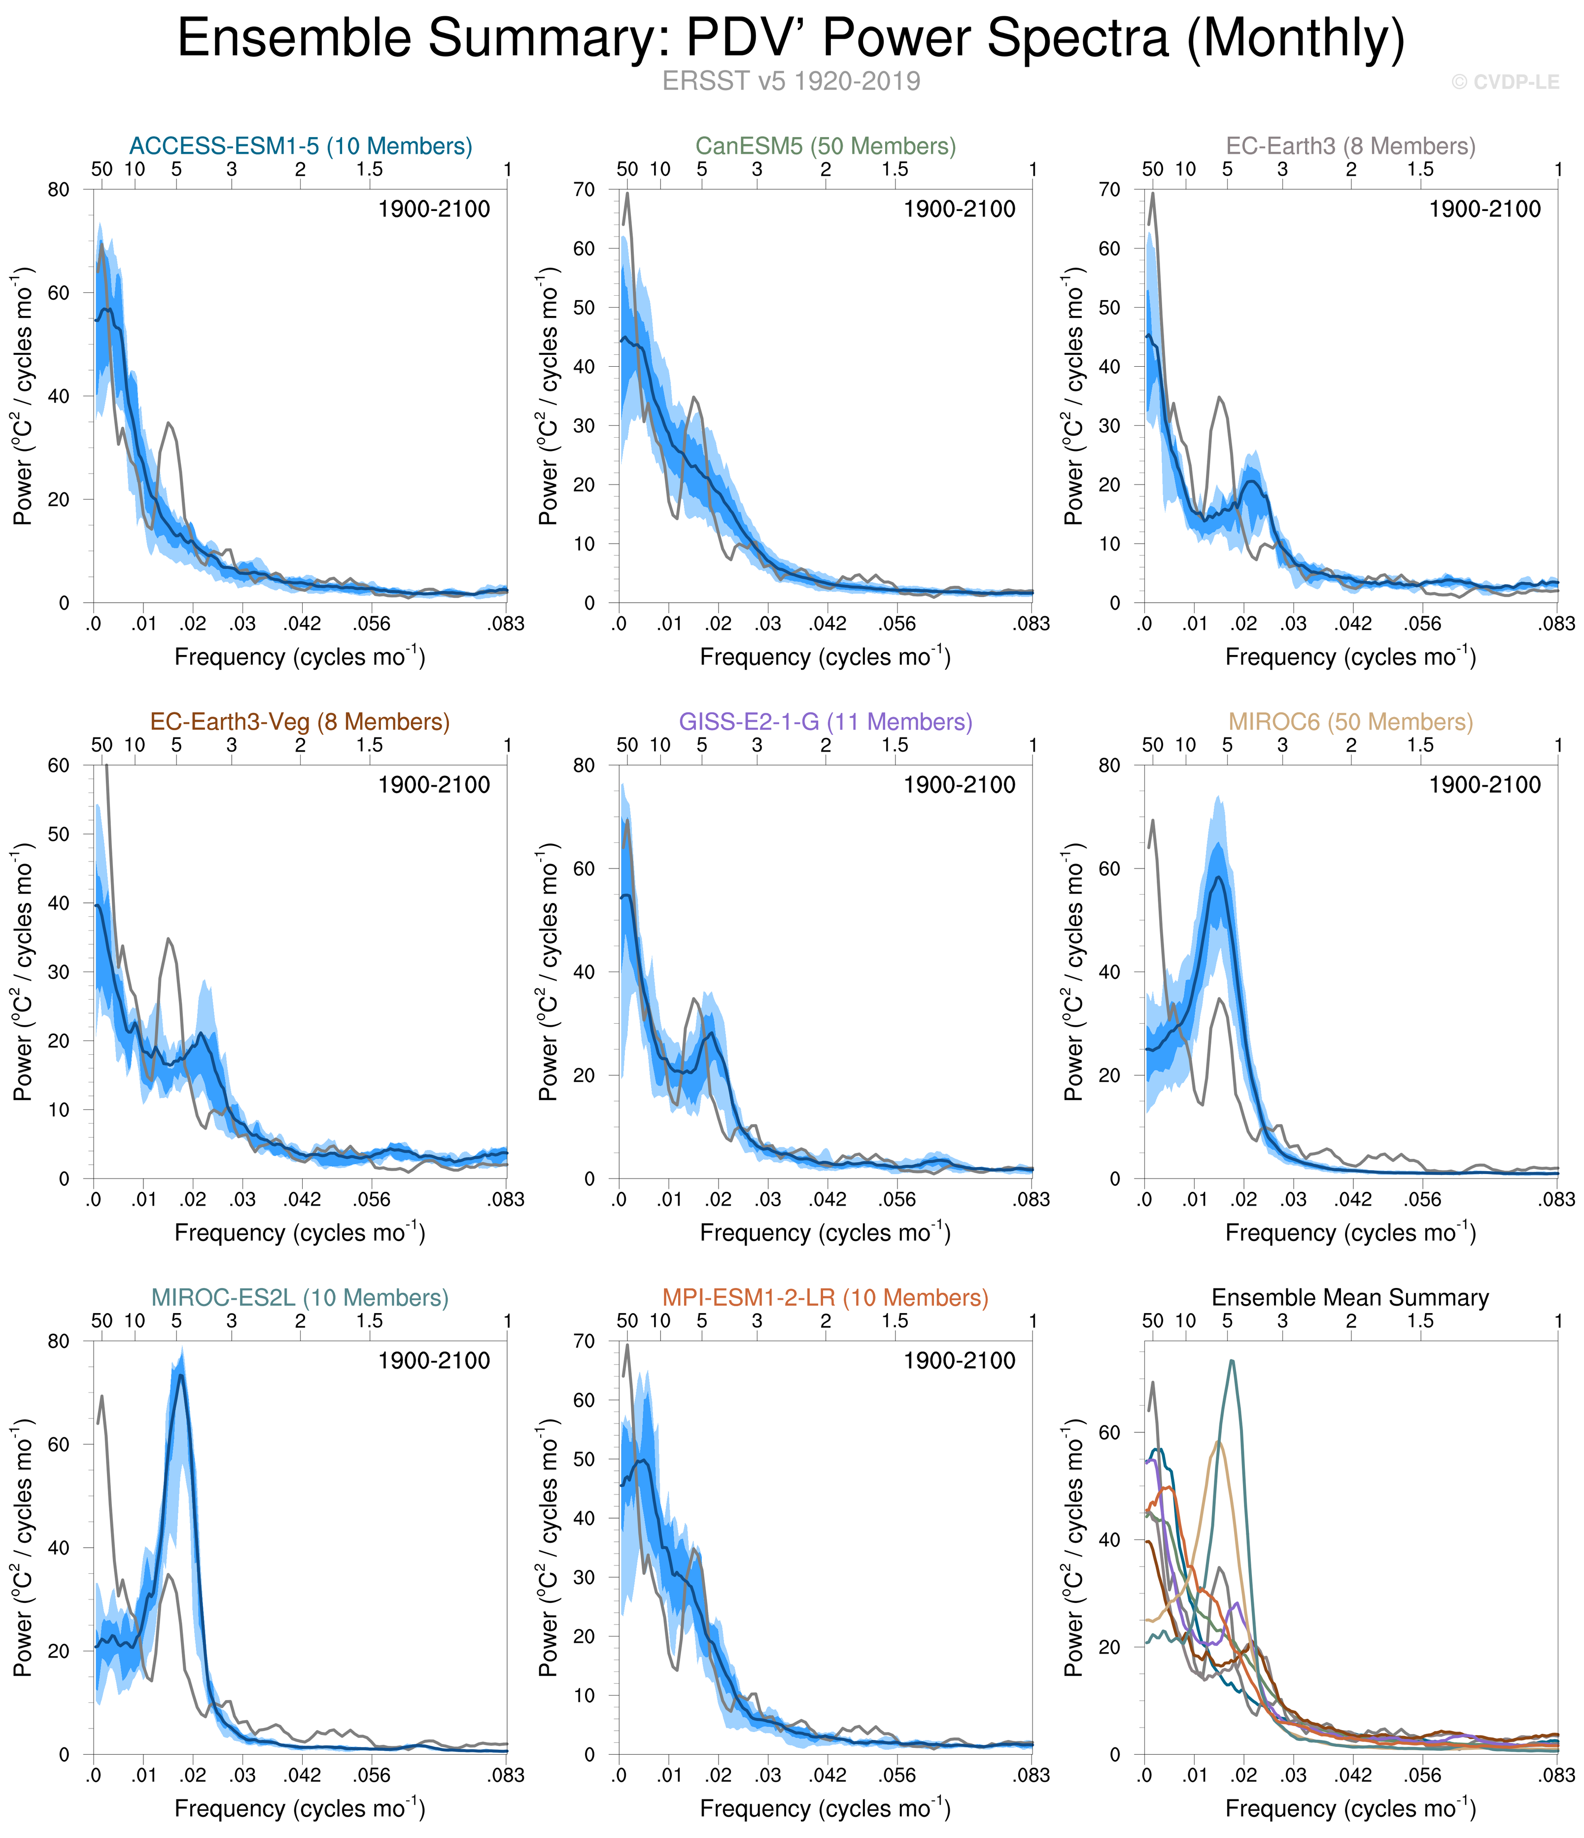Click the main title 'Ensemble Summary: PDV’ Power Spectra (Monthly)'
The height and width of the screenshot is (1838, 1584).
(x=791, y=39)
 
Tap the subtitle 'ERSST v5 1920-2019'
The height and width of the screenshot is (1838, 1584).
(x=791, y=82)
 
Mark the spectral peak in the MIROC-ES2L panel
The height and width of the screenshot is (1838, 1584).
(x=181, y=1377)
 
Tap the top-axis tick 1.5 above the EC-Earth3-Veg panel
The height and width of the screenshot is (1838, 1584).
(x=369, y=745)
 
